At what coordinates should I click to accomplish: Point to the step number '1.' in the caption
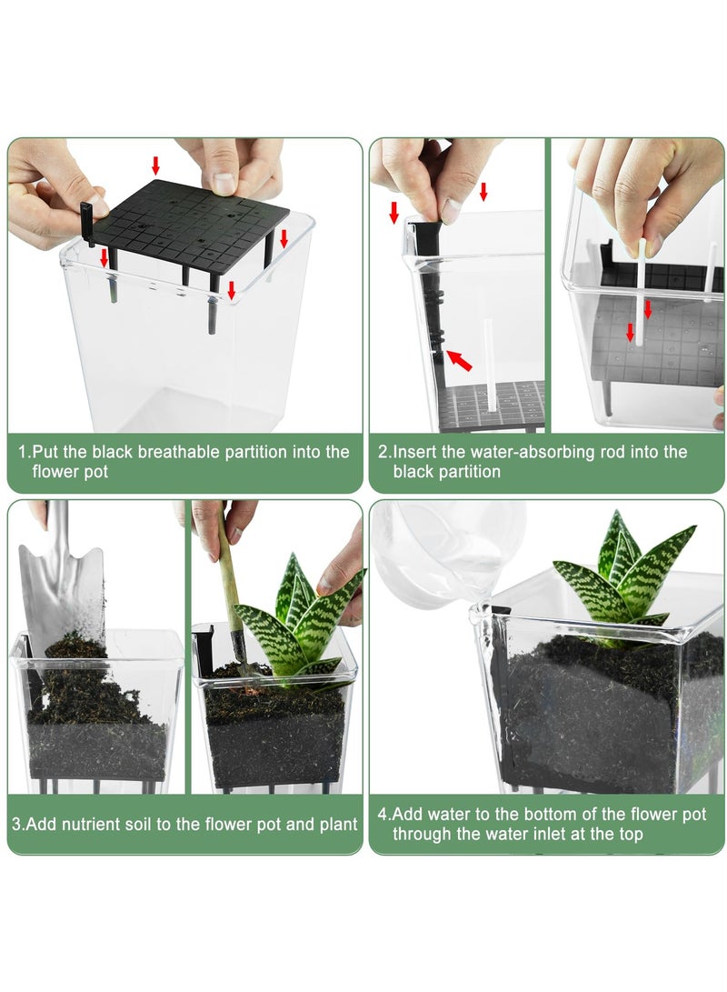24,452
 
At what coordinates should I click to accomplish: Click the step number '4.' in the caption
384,814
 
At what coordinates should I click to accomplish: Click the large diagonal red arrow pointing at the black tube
460,360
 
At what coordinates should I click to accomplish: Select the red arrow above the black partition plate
155,165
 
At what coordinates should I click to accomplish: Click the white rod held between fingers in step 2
641,292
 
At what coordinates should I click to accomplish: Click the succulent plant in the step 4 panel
622,576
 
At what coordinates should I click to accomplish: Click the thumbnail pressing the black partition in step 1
224,184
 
